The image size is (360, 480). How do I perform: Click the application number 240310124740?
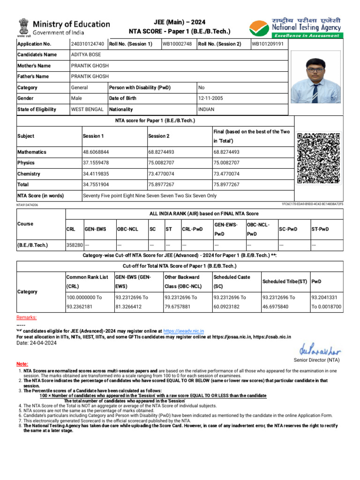pyautogui.click(x=88, y=44)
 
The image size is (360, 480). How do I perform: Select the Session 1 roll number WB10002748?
pyautogui.click(x=177, y=44)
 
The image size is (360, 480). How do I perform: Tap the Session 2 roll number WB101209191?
pyautogui.click(x=267, y=44)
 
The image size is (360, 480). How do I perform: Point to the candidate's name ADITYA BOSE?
pyautogui.click(x=85, y=55)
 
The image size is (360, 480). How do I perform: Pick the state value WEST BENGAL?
pyautogui.click(x=87, y=109)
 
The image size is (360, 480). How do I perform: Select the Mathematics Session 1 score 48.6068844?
pyautogui.click(x=96, y=152)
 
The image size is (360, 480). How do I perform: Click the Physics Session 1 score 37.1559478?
pyautogui.click(x=96, y=163)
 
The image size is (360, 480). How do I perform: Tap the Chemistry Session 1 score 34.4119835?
pyautogui.click(x=96, y=174)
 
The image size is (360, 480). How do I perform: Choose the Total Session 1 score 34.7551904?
pyautogui.click(x=96, y=185)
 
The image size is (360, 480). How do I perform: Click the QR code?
pyautogui.click(x=319, y=158)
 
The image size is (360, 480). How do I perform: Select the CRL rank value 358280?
pyautogui.click(x=75, y=245)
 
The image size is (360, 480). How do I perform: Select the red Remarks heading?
pyautogui.click(x=27, y=317)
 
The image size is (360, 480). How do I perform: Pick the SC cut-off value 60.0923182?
pyautogui.click(x=229, y=307)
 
